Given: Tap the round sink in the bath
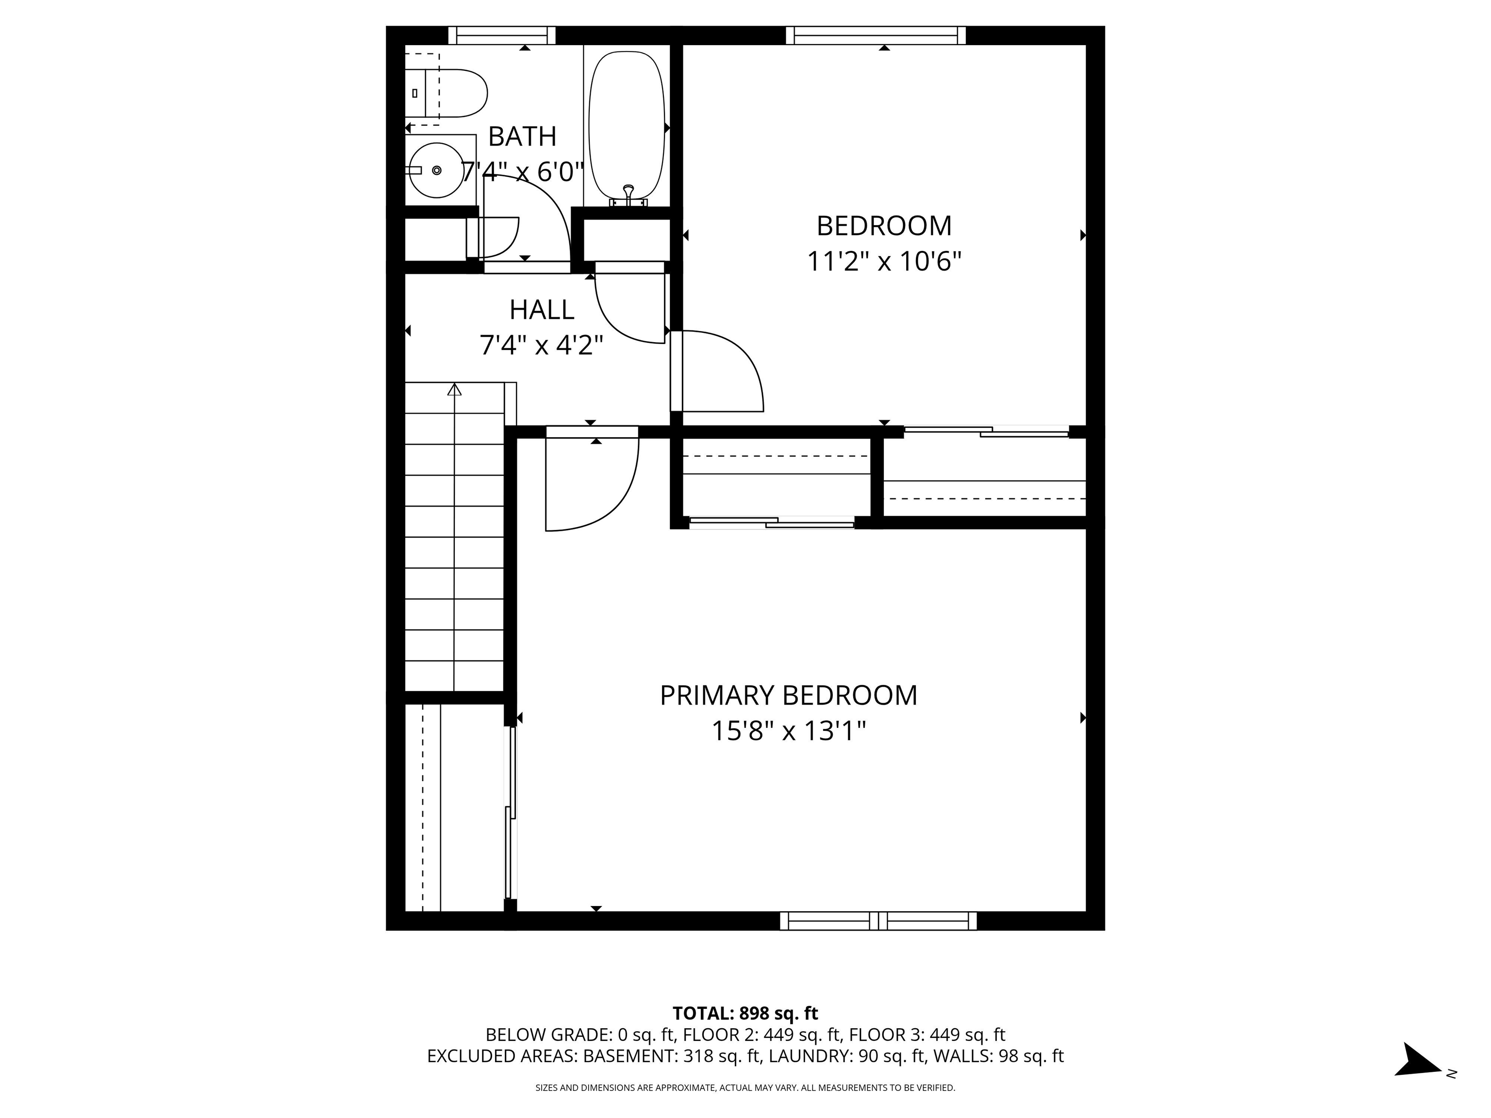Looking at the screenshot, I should pyautogui.click(x=437, y=170).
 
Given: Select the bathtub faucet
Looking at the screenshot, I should pyautogui.click(x=628, y=196).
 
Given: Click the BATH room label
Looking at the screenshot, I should pyautogui.click(x=522, y=137).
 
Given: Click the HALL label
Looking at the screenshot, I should pyautogui.click(x=541, y=310).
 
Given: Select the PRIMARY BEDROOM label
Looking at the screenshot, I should pyautogui.click(x=788, y=695).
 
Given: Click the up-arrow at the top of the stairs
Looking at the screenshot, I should pyautogui.click(x=455, y=390).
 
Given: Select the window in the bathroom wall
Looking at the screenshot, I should pyautogui.click(x=501, y=35).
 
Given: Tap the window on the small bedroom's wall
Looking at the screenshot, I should pyautogui.click(x=876, y=35).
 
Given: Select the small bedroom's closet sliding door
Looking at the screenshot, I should pyautogui.click(x=985, y=431).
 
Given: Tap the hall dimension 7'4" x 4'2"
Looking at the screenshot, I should pyautogui.click(x=541, y=345).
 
